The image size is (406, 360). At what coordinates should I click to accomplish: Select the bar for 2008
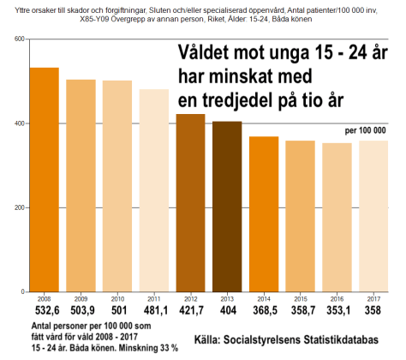45,179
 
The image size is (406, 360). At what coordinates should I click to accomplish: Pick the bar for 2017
373,216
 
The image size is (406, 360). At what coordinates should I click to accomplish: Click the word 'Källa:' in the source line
217,339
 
